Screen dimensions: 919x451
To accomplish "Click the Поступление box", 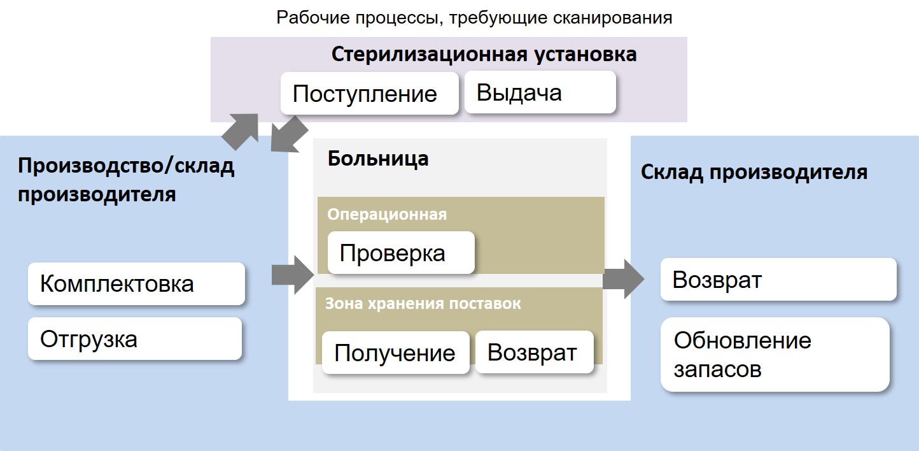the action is tap(369, 93).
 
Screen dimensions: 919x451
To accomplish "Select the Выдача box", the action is tap(540, 92).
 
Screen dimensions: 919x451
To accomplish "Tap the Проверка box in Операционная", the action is tap(401, 253).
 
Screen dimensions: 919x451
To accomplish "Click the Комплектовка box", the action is tap(136, 284).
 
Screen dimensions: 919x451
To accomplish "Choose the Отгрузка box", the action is tap(134, 339).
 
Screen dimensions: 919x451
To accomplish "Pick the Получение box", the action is tap(395, 352).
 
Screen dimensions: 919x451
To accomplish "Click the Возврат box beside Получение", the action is tap(534, 352).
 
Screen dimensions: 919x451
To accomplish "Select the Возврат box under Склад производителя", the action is tap(778, 279).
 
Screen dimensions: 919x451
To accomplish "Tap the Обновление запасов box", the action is tap(775, 354).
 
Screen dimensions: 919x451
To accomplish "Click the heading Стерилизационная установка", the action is tap(484, 54).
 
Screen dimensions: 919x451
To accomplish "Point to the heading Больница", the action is tap(378, 159).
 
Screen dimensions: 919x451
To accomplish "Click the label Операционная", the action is tap(387, 215).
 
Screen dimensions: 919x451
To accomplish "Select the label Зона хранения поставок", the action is tap(423, 304).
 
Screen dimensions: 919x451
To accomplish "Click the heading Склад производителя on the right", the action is tap(754, 172).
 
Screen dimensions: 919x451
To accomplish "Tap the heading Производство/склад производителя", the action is tap(126, 180).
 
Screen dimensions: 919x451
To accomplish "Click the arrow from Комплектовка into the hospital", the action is tap(293, 275).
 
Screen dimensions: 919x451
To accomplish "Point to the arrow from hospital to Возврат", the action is tap(624, 279).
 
